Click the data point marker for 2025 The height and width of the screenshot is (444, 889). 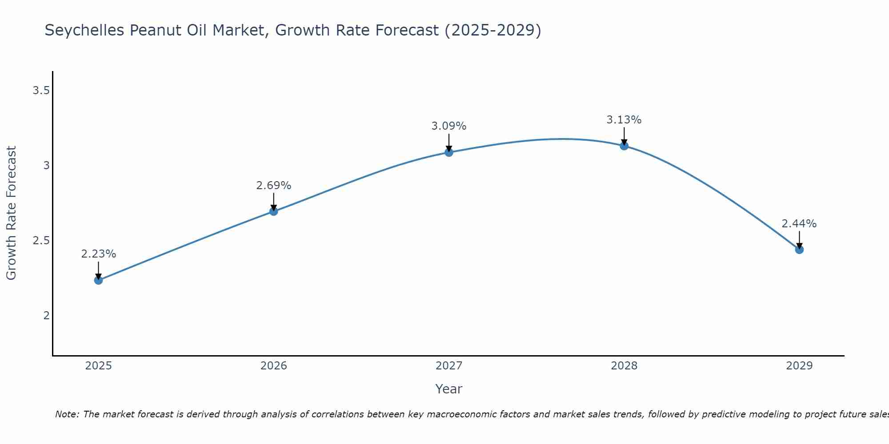click(x=99, y=280)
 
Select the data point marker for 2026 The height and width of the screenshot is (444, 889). click(x=274, y=211)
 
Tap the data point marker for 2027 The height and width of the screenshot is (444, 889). click(x=449, y=152)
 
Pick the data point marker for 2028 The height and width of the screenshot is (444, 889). click(x=624, y=146)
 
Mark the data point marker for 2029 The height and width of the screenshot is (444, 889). click(x=799, y=250)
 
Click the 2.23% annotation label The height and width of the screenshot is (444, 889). click(x=99, y=254)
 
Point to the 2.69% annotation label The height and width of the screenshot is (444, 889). click(x=274, y=186)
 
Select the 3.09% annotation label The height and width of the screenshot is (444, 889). click(x=449, y=126)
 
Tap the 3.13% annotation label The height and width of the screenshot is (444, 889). click(x=624, y=120)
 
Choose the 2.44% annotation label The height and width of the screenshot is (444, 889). click(x=799, y=224)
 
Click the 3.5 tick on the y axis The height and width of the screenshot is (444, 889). click(x=41, y=91)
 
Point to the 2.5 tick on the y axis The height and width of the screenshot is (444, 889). click(x=41, y=241)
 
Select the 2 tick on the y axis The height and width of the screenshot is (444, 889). click(x=46, y=316)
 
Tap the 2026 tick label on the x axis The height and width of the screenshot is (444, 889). click(x=274, y=366)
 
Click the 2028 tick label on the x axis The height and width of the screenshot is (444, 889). click(x=624, y=366)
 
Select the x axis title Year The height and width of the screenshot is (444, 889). click(x=449, y=389)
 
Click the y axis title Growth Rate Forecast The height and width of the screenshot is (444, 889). click(x=11, y=213)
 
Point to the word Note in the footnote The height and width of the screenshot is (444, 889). click(x=66, y=414)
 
